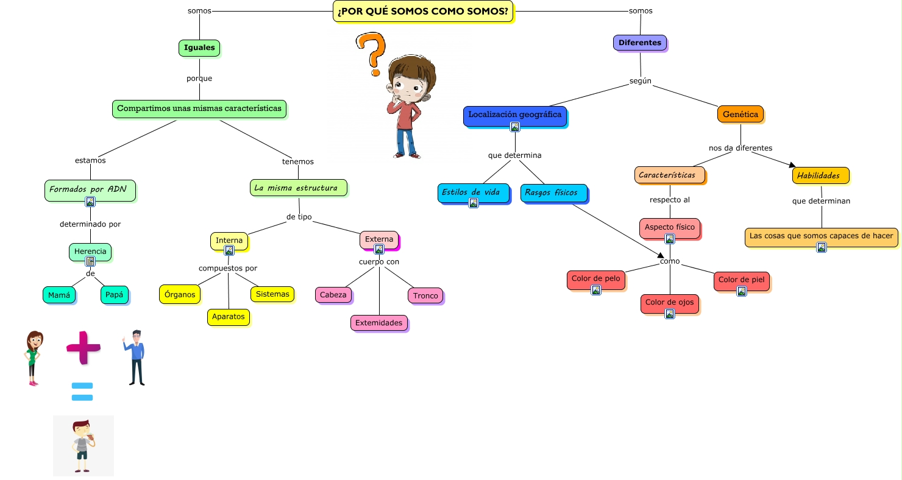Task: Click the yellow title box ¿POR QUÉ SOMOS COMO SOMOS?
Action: (x=423, y=11)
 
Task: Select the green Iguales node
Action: (x=199, y=48)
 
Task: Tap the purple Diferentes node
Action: (x=640, y=43)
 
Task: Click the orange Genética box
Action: (x=740, y=114)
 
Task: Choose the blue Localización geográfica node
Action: (x=514, y=115)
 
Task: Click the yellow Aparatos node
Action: (x=229, y=317)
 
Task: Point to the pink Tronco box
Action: (x=425, y=296)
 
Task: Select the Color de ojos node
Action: (x=669, y=303)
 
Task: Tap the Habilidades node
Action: (x=820, y=175)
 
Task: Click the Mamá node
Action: (x=59, y=295)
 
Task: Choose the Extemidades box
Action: (x=379, y=323)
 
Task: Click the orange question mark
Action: (x=372, y=53)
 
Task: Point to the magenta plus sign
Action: (x=83, y=347)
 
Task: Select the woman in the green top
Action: (x=34, y=358)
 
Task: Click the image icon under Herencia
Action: (x=90, y=261)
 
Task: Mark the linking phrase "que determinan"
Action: (x=821, y=200)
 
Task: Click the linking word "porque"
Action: (x=199, y=78)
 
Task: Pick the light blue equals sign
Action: (x=82, y=392)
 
